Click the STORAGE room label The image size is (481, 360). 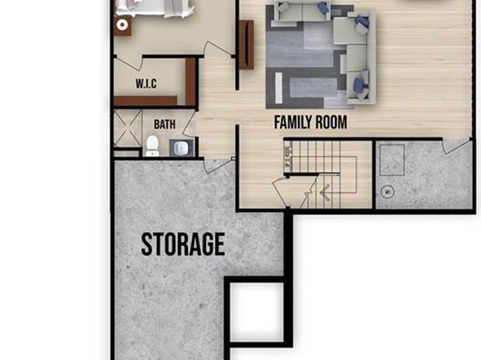tap(183, 244)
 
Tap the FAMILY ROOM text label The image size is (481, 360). tap(310, 122)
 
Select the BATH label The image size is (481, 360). tap(165, 125)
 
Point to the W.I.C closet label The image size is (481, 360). tap(146, 83)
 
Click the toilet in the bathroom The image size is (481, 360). tap(152, 147)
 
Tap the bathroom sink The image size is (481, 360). tap(181, 148)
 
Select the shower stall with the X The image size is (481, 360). tap(128, 129)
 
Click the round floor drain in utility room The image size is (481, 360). tap(388, 192)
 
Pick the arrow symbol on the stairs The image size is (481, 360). tap(325, 192)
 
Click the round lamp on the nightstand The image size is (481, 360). tap(122, 25)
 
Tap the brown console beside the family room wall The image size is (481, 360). tap(246, 45)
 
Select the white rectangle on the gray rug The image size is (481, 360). tap(279, 88)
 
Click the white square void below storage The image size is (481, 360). tap(257, 312)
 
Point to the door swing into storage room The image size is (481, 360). tap(218, 165)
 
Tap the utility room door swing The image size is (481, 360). tap(456, 146)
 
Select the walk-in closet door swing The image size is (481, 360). tap(129, 63)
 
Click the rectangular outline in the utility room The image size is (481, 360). tap(392, 160)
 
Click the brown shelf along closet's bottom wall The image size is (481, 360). tap(145, 101)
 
